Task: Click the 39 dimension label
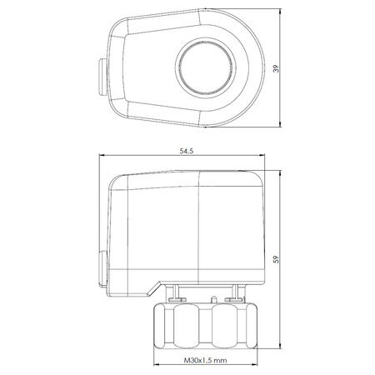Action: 276,68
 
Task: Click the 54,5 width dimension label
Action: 186,151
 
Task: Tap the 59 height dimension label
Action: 276,259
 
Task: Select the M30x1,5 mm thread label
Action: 205,361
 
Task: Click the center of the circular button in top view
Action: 205,67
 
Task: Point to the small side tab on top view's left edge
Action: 102,77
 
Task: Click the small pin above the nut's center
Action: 214,299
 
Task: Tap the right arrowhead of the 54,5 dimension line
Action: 262,156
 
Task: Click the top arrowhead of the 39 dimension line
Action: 281,12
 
